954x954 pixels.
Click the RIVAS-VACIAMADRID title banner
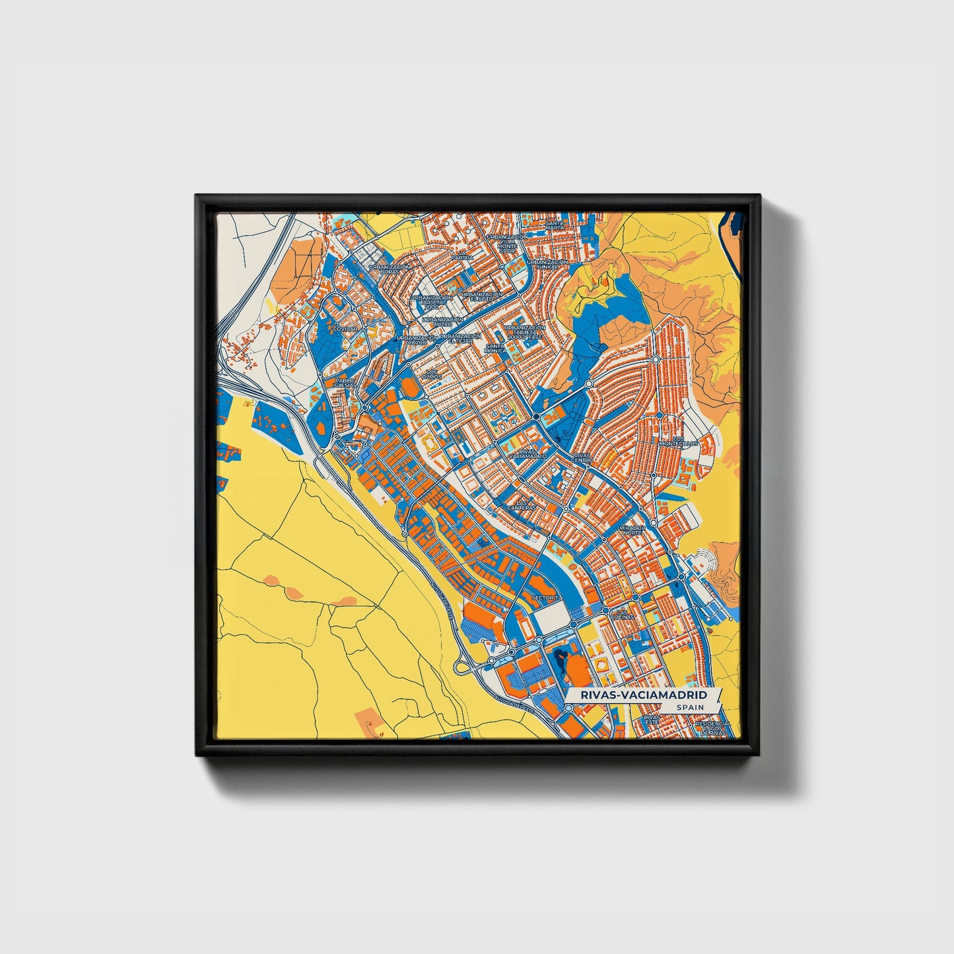[x=643, y=695]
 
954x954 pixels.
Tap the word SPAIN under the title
[x=690, y=708]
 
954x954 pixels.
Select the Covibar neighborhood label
[x=345, y=328]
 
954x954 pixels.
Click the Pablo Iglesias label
[x=345, y=383]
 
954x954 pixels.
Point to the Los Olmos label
[x=432, y=374]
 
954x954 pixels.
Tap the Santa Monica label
[x=495, y=348]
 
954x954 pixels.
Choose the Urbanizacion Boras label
[x=390, y=269]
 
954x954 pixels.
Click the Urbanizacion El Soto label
[x=481, y=297]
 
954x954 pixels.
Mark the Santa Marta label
[x=555, y=226]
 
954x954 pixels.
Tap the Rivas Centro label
[x=582, y=458]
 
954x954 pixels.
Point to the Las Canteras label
[x=522, y=505]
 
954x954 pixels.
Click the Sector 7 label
[x=544, y=597]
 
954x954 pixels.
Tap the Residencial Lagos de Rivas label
[x=712, y=728]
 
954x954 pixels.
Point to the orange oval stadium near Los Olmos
[x=409, y=389]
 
